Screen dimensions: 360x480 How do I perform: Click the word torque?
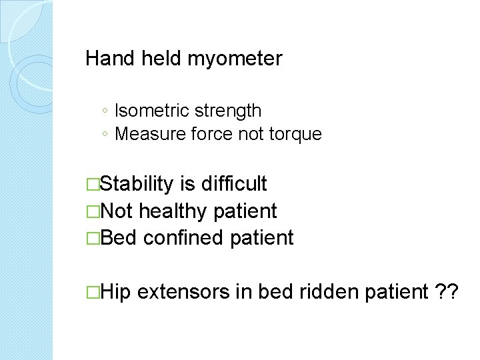pyautogui.click(x=295, y=134)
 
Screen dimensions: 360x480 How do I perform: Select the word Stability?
pyautogui.click(x=138, y=184)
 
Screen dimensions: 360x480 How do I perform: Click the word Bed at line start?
pyautogui.click(x=119, y=237)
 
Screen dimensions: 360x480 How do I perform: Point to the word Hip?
pyautogui.click(x=118, y=291)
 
